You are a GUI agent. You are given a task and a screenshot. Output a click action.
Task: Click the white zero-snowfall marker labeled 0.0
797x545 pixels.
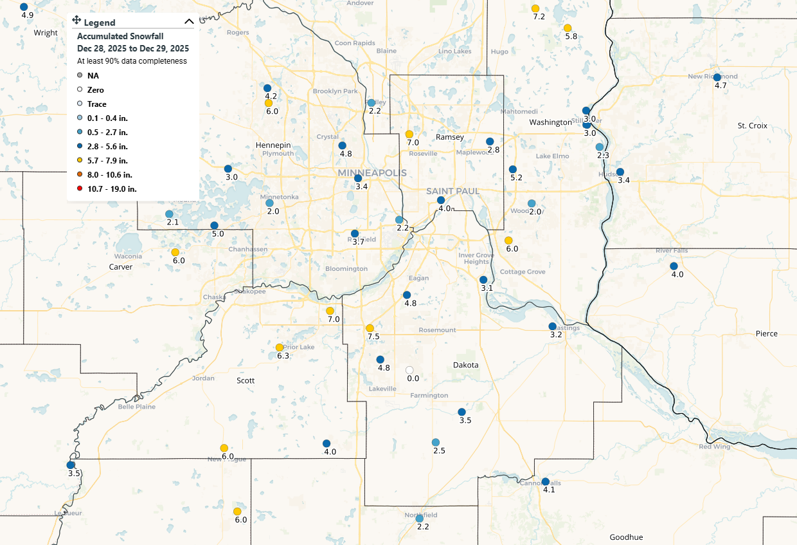tap(409, 370)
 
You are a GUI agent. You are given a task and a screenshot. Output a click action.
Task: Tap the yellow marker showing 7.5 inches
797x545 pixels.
tap(370, 328)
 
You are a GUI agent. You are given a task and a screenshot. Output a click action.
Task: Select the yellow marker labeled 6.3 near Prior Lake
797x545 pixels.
tap(279, 347)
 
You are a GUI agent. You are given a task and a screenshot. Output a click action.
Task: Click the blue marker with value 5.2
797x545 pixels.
tap(512, 169)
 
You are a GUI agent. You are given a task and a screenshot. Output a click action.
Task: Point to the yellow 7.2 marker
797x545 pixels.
tap(535, 8)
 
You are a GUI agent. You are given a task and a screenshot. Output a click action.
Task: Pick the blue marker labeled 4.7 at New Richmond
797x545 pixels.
tap(717, 77)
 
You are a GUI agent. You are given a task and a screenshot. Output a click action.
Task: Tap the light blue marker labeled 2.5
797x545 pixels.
tap(436, 442)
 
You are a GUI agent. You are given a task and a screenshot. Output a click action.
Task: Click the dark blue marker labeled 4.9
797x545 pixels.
tap(24, 6)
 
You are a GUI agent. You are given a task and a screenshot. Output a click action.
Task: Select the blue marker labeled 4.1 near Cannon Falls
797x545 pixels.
tap(545, 481)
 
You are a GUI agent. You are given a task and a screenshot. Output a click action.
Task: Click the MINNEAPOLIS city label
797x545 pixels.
tap(372, 174)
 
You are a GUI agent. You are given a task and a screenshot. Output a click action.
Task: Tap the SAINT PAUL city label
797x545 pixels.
tap(453, 191)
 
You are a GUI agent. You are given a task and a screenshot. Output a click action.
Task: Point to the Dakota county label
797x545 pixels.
tap(466, 365)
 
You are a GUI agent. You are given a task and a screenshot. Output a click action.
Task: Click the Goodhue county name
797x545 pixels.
tap(626, 537)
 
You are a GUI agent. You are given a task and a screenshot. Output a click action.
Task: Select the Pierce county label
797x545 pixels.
tap(766, 333)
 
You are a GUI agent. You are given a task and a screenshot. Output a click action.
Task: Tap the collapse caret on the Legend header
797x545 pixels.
tap(188, 22)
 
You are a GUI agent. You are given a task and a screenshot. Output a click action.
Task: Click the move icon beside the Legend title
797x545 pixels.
tap(76, 21)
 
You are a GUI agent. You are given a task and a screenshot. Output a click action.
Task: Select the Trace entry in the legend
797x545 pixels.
tap(96, 104)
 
